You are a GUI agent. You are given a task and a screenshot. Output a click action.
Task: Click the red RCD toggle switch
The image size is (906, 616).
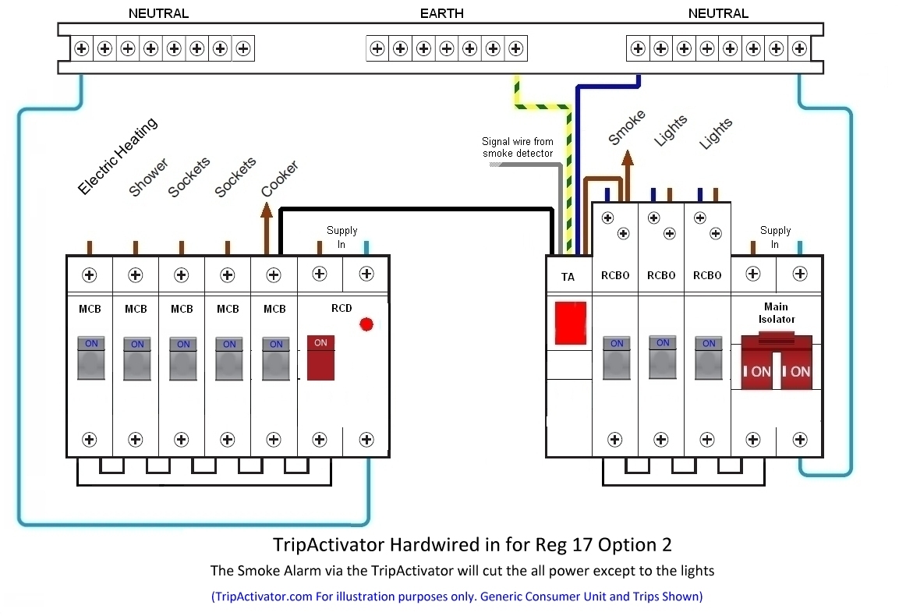(x=320, y=358)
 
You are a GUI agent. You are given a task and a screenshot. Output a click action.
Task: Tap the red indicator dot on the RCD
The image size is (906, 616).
(x=366, y=324)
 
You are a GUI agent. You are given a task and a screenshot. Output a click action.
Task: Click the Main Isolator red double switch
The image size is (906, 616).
(x=777, y=363)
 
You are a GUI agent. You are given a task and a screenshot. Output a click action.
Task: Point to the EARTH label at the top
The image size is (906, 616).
(x=441, y=13)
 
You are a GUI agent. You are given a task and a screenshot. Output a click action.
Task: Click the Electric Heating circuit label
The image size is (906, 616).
(x=117, y=156)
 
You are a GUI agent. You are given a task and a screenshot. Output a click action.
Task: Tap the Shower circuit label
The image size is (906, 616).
(x=148, y=178)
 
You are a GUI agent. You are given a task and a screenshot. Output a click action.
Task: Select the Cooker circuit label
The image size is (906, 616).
(x=279, y=179)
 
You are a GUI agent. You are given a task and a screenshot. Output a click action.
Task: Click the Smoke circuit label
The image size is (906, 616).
(x=627, y=127)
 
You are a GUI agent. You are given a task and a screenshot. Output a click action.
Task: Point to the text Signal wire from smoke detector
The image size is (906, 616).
(x=518, y=147)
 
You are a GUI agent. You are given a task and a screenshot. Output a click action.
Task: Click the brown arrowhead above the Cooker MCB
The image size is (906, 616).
(x=267, y=209)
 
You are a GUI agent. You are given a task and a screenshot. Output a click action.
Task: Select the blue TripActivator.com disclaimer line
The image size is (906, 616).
(x=457, y=597)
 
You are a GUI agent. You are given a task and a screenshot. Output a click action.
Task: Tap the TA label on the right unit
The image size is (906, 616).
(x=568, y=277)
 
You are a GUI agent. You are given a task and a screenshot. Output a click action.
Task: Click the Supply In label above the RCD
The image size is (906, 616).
(x=342, y=237)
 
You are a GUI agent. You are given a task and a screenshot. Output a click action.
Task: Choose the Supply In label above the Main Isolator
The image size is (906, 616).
(x=775, y=237)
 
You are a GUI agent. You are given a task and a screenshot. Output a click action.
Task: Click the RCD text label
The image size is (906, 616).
(x=342, y=308)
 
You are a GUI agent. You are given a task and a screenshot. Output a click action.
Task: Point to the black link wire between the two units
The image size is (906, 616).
(x=413, y=209)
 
